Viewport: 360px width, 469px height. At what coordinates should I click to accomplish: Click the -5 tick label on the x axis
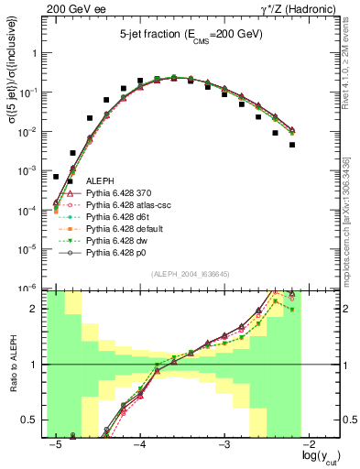tap(55, 445)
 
